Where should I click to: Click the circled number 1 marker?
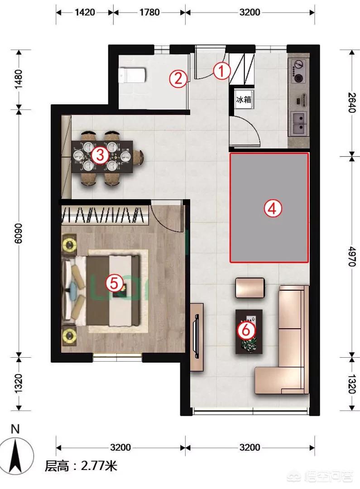221,71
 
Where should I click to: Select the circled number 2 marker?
178,79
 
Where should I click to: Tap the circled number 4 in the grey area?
273,208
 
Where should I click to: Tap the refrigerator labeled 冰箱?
244,100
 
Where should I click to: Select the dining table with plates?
102,157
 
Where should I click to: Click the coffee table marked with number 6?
249,331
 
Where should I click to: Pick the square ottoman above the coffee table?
250,288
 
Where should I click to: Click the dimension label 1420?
85,13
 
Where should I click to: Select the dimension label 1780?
149,13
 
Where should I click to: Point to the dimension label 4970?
352,256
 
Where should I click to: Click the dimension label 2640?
352,103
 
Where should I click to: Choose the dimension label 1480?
19,79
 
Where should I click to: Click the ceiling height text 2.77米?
99,466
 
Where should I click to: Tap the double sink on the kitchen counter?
299,123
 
